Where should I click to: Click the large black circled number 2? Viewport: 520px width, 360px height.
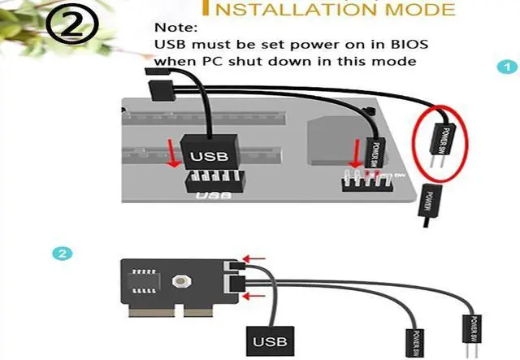coord(71,27)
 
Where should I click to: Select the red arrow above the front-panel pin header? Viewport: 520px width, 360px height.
coord(355,151)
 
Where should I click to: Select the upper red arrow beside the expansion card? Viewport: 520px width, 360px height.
coord(255,261)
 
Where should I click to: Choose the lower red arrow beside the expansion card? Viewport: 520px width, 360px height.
coord(255,295)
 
